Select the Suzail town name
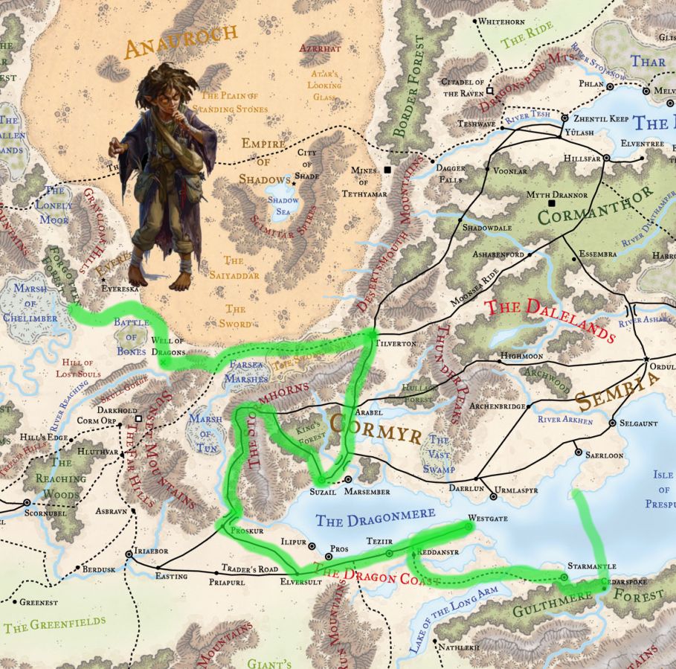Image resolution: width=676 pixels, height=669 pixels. tap(323, 492)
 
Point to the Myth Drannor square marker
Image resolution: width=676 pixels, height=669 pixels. tap(551, 203)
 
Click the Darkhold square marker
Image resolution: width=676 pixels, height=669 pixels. tap(138, 419)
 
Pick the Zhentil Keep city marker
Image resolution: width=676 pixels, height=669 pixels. tap(564, 118)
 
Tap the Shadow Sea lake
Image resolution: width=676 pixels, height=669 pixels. tap(283, 205)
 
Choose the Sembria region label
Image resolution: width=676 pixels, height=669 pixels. tap(617, 391)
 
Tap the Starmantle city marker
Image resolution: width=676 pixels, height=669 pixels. tap(564, 577)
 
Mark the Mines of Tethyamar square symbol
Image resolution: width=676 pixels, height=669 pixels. tap(387, 170)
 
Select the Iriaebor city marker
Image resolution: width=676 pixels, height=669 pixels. tap(131, 554)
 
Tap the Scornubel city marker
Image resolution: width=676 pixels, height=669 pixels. tap(27, 502)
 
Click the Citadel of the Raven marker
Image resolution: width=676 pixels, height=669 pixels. tap(489, 91)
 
